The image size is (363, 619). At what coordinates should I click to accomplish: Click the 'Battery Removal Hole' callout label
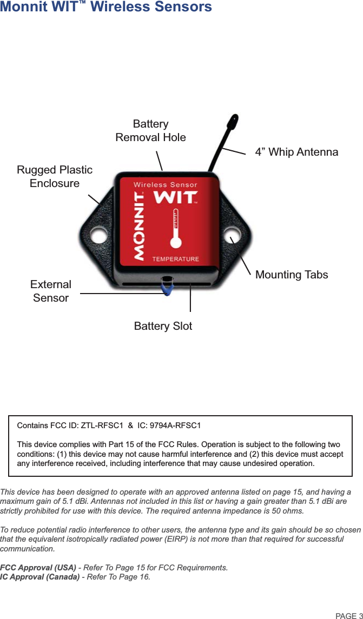(x=150, y=131)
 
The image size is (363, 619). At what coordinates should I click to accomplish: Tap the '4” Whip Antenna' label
(x=296, y=152)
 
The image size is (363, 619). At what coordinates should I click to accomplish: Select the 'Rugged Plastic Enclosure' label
(x=55, y=176)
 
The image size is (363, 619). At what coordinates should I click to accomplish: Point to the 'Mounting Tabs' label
(x=291, y=275)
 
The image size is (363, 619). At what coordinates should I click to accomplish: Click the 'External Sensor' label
(x=51, y=291)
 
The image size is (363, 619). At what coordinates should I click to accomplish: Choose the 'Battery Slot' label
(x=163, y=326)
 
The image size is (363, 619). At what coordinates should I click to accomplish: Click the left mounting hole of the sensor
(x=98, y=236)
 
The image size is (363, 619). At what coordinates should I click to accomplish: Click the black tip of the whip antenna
(x=233, y=120)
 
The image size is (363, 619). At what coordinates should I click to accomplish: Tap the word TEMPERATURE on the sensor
(x=175, y=259)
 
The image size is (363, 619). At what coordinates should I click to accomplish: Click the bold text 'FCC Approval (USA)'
(x=38, y=568)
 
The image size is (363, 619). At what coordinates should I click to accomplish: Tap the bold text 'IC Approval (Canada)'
(x=40, y=577)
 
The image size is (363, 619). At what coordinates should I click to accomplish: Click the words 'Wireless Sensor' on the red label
(x=166, y=185)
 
